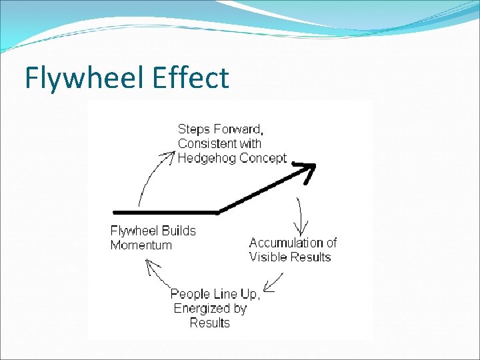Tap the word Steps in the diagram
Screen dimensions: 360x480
pos(193,128)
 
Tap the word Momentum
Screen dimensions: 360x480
pos(141,245)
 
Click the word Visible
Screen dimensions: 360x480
pos(269,257)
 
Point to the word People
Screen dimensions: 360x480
pos(191,294)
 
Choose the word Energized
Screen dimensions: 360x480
pos(201,309)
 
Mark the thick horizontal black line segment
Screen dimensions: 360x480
pos(167,212)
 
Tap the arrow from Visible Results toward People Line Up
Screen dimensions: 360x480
pos(272,283)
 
